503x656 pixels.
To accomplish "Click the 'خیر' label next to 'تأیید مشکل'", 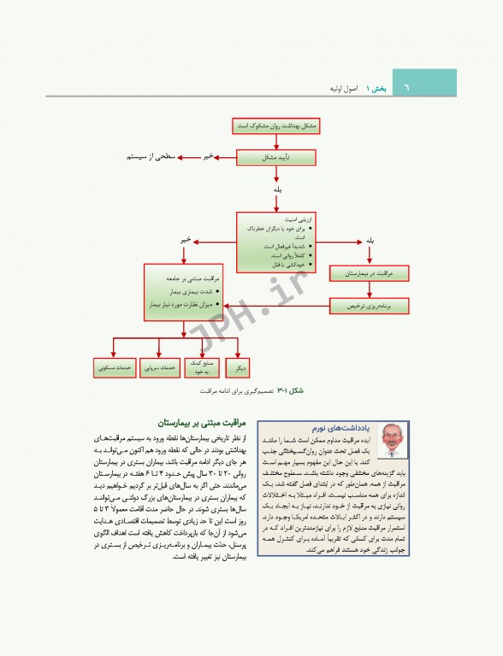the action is pyautogui.click(x=207, y=157).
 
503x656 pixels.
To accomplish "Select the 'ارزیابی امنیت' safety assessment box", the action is pyautogui.click(x=276, y=242).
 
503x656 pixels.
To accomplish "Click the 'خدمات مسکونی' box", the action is pyautogui.click(x=115, y=367).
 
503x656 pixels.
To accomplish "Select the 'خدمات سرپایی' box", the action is pyautogui.click(x=160, y=367).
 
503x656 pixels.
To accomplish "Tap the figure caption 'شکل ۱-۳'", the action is pyautogui.click(x=297, y=389).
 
